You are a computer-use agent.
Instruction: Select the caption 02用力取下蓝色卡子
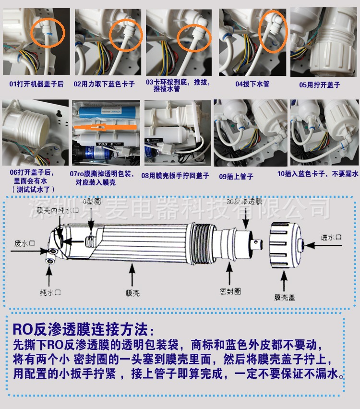104,84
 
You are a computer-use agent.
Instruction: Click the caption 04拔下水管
252,84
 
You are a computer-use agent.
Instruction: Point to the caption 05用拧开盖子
320,84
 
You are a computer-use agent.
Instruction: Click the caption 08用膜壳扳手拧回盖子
175,176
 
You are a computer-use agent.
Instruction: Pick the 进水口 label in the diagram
331,237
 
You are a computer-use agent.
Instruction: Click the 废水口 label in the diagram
24,243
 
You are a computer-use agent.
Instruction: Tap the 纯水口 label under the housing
49,291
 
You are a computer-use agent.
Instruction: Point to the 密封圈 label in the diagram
230,291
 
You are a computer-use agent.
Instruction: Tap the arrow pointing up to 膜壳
133,274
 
